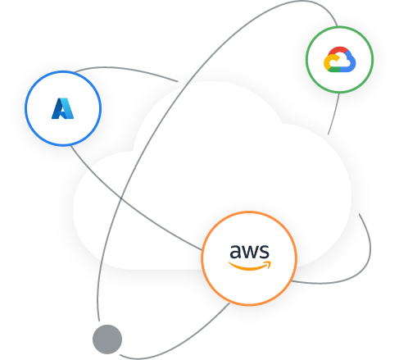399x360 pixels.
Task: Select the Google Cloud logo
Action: click(339, 60)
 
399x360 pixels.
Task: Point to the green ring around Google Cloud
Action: click(339, 27)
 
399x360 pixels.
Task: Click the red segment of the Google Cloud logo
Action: click(337, 52)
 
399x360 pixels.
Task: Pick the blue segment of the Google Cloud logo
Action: click(349, 63)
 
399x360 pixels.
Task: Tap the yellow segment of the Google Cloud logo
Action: click(329, 63)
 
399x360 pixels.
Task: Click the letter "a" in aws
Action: click(235, 252)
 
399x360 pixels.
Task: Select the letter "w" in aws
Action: click(248, 252)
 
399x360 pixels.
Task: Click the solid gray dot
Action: click(107, 339)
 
